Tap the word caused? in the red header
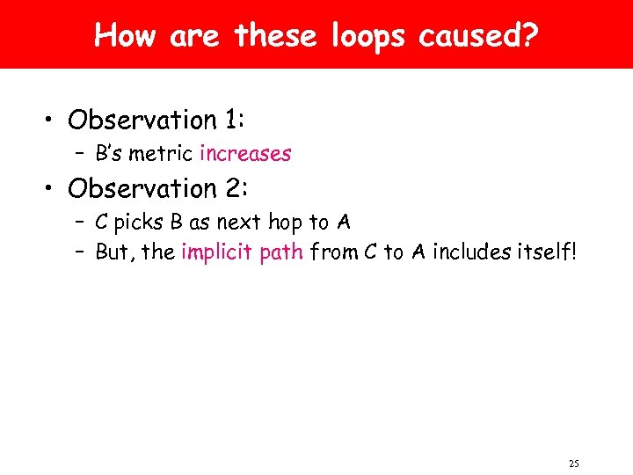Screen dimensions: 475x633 click(479, 36)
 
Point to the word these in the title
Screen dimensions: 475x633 click(273, 36)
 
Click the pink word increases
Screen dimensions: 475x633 click(245, 154)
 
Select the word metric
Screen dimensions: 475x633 click(163, 154)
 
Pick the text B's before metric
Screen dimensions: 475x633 click(109, 154)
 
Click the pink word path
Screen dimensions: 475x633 click(280, 252)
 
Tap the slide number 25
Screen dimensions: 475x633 click(574, 464)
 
